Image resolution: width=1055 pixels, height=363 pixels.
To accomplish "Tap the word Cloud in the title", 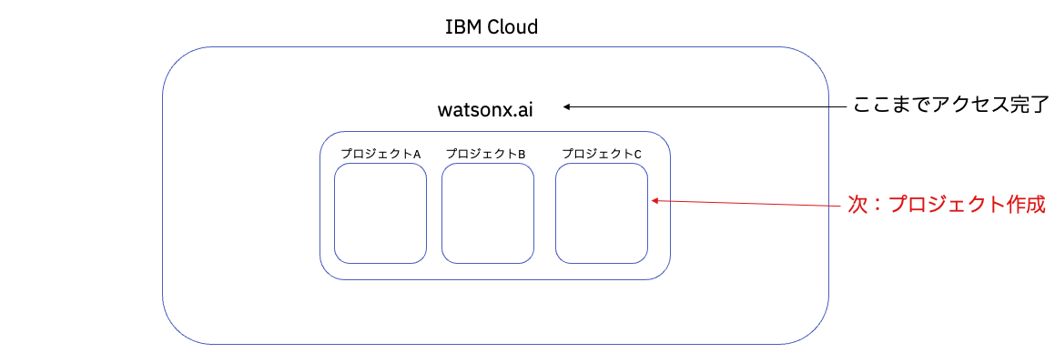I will click(x=511, y=27).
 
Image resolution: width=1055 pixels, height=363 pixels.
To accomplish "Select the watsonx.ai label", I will click(x=485, y=110).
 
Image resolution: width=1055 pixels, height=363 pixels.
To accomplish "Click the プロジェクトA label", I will click(x=380, y=154).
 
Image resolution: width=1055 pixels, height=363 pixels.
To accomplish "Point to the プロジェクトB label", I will click(x=487, y=154).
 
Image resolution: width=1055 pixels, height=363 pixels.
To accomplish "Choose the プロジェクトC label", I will click(x=602, y=154).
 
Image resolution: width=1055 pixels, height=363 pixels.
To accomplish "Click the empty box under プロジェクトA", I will click(x=380, y=214).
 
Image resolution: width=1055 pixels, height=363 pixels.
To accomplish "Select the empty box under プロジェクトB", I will click(x=487, y=214).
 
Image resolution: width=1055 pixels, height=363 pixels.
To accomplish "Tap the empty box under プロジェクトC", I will click(x=602, y=214).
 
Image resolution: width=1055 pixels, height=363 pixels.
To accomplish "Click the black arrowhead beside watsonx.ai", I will click(x=566, y=106).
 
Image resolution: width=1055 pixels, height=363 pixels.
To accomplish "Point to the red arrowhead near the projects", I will click(x=654, y=201).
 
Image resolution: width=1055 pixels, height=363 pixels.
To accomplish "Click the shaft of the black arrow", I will click(x=710, y=106).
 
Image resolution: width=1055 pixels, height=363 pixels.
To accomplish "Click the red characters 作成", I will click(x=1021, y=206).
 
